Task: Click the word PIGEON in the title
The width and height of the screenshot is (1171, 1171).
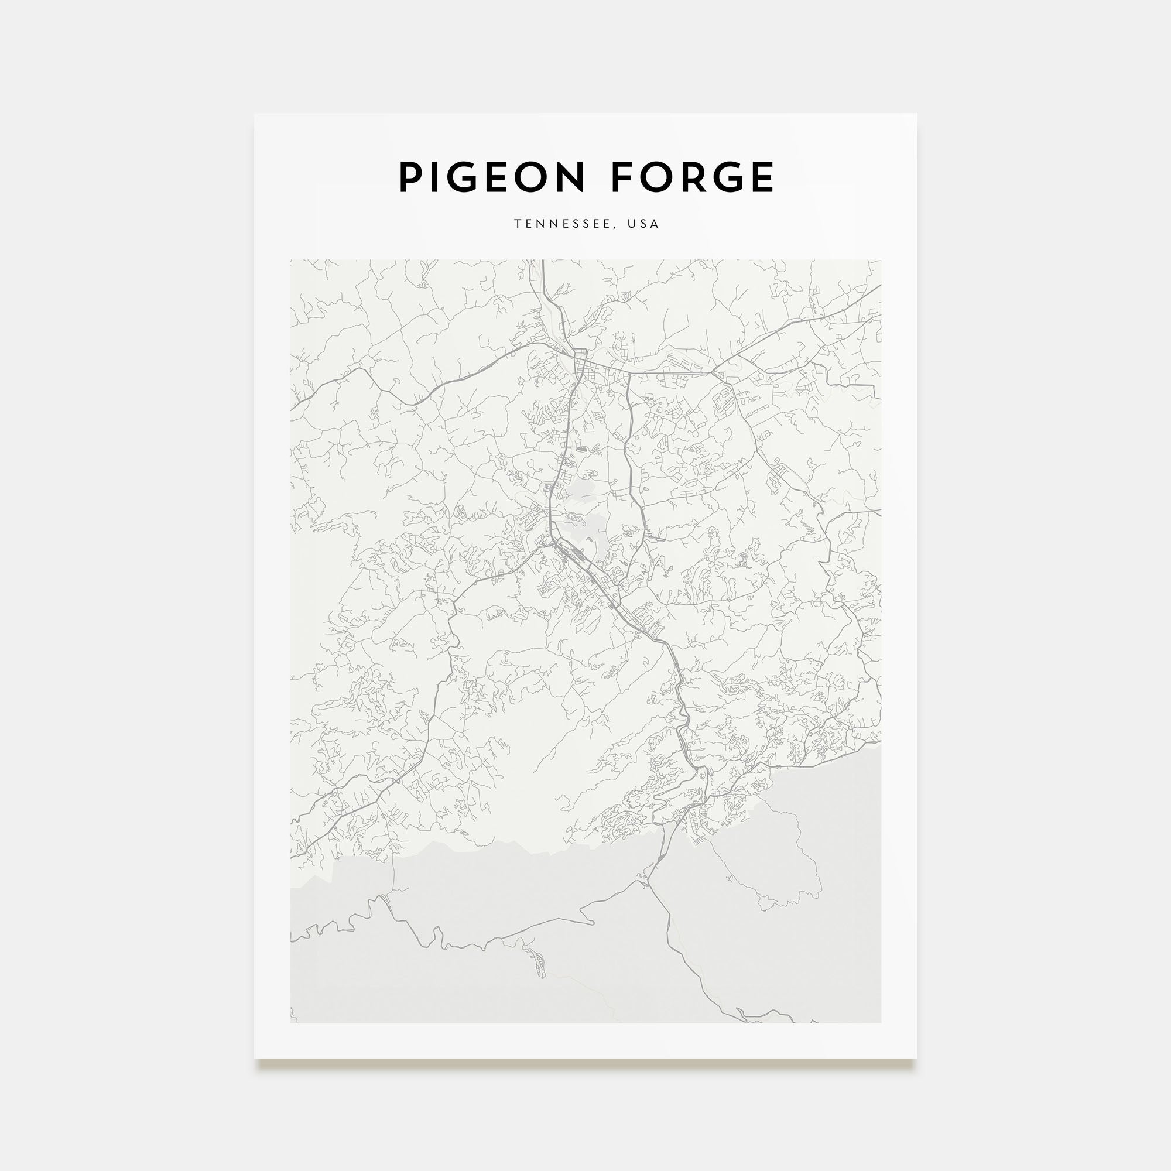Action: coord(491,177)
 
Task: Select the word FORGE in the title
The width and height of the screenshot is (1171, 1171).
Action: coord(692,177)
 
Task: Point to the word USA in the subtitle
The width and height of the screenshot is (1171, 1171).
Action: coord(643,224)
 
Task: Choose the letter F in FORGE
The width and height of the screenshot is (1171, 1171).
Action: coord(622,177)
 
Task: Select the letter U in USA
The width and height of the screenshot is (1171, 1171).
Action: coord(632,224)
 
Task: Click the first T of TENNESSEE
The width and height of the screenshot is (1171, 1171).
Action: coord(518,224)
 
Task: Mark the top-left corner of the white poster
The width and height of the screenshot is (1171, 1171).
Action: coord(255,114)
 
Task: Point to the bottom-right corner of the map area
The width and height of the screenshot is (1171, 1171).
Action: coord(881,1022)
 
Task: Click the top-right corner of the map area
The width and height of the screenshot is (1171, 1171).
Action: coord(881,261)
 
